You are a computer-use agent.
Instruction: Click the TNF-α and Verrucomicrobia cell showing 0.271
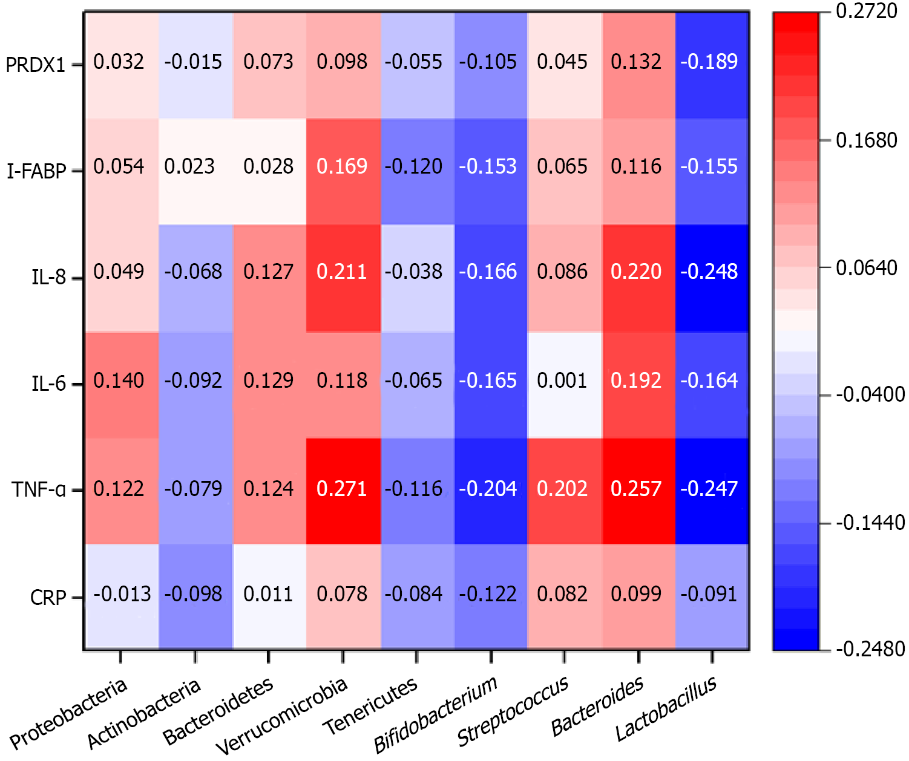(x=343, y=489)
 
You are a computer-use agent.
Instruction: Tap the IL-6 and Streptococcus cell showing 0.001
(x=562, y=381)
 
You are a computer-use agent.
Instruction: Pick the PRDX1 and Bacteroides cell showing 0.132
(x=636, y=62)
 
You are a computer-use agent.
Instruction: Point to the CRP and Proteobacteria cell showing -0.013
(x=122, y=594)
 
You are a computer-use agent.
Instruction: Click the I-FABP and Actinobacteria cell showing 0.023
(x=190, y=166)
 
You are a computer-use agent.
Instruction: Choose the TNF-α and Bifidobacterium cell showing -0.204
(x=488, y=489)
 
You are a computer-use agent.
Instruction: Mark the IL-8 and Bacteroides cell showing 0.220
(x=636, y=272)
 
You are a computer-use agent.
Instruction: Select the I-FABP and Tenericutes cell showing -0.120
(x=415, y=166)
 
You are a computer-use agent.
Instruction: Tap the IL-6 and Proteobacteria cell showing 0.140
(x=119, y=381)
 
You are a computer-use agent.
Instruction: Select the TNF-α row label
(x=39, y=489)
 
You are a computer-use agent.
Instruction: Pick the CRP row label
(x=48, y=598)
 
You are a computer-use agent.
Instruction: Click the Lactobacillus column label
(x=666, y=709)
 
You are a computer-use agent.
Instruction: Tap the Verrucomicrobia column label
(x=282, y=716)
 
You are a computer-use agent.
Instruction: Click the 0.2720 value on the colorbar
(x=866, y=11)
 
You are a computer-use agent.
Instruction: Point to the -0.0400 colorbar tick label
(x=870, y=395)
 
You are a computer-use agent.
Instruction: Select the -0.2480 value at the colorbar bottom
(x=870, y=649)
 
